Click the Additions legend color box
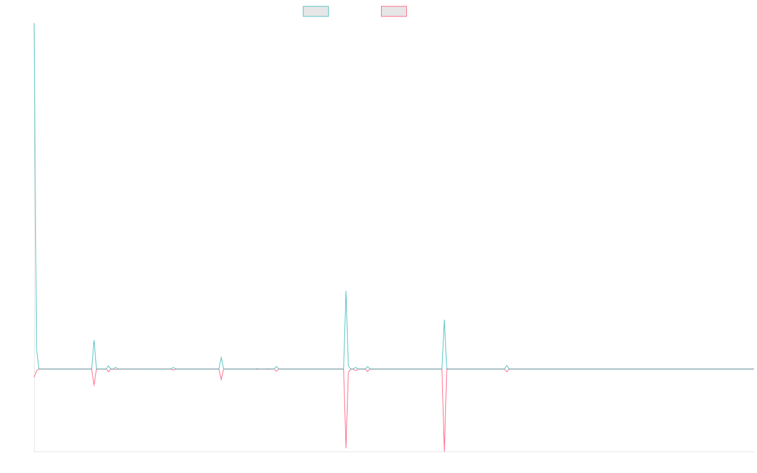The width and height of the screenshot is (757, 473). click(316, 11)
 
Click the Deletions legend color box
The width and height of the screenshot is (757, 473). click(394, 11)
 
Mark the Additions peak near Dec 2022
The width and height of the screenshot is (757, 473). click(346, 291)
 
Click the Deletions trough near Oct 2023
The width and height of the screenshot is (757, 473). click(445, 450)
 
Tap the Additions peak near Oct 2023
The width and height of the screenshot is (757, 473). click(444, 320)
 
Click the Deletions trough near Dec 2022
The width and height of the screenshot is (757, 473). click(346, 447)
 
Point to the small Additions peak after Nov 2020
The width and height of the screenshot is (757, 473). click(94, 341)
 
